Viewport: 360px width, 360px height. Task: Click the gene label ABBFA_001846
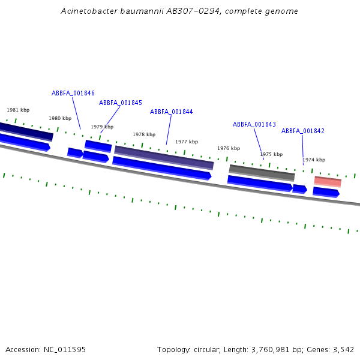click(73, 93)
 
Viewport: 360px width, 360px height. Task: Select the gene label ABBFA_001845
click(121, 103)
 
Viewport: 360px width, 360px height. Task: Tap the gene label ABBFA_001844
click(172, 112)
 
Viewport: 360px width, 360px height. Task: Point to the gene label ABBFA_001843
click(254, 124)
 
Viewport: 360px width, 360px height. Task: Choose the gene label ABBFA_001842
click(303, 131)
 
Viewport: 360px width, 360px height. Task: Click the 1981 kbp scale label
click(18, 110)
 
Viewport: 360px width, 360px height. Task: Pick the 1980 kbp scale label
click(60, 118)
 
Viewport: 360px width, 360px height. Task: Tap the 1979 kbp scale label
click(102, 127)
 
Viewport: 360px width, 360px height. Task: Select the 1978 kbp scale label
click(144, 134)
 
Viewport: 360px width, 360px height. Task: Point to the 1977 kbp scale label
click(187, 142)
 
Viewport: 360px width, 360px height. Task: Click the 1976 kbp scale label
click(229, 148)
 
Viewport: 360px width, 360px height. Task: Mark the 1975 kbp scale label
click(271, 154)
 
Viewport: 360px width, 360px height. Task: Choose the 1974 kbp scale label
click(314, 160)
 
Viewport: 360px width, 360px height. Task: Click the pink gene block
click(328, 181)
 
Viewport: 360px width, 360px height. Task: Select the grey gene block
click(262, 173)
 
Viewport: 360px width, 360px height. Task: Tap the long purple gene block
click(164, 157)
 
